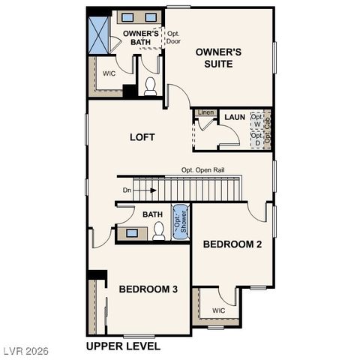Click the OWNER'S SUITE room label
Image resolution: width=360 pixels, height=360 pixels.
click(218, 58)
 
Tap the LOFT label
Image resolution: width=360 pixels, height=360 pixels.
click(142, 137)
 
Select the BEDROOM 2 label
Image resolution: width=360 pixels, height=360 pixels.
click(232, 244)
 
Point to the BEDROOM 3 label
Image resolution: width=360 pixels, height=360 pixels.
click(148, 289)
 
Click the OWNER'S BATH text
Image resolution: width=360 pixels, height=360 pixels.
click(141, 37)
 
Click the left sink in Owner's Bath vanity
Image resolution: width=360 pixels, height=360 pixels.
click(127, 17)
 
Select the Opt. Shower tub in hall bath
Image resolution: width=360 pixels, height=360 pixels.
click(180, 221)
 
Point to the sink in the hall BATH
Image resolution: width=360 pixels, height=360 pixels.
click(132, 233)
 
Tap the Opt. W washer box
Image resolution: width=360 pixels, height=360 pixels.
click(256, 120)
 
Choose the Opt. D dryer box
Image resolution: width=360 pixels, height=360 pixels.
click(256, 139)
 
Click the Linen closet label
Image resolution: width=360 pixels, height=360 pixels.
click(205, 112)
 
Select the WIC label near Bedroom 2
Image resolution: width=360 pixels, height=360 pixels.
click(218, 310)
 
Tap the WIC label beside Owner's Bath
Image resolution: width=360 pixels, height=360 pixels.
click(109, 74)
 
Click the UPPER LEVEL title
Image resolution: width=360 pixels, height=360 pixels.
click(123, 346)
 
